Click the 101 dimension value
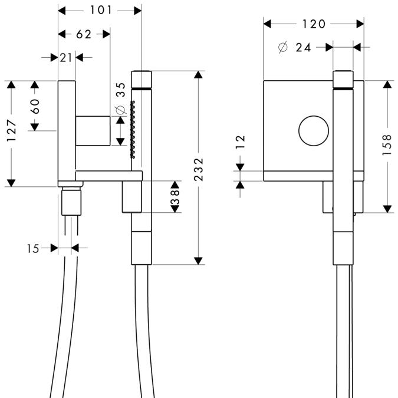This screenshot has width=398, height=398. tap(100, 10)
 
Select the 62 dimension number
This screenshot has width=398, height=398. tap(84, 34)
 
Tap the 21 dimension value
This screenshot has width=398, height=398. tap(65, 57)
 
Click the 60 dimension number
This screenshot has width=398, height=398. tap(35, 106)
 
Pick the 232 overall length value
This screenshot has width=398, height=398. tap(199, 169)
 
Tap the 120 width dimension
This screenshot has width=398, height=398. tap(314, 24)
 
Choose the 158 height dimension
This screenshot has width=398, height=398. tap(386, 145)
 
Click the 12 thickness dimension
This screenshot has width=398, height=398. tap(241, 142)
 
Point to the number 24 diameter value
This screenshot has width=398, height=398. tap(304, 48)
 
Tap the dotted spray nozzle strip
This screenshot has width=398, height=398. tap(133, 130)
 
